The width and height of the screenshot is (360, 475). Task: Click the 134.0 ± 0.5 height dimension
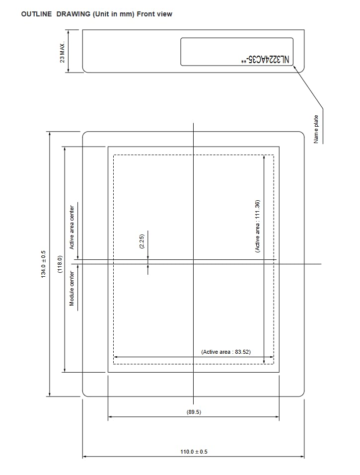[x=44, y=264]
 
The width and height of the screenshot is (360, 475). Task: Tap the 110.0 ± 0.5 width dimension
[x=194, y=452]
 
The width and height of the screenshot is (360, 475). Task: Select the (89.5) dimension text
[x=194, y=412]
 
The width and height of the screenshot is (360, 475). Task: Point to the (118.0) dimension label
[x=60, y=264]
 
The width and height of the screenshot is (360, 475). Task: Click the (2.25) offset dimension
[x=142, y=241]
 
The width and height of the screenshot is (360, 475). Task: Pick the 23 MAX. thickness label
[x=63, y=52]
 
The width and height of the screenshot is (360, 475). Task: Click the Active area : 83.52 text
[x=226, y=352]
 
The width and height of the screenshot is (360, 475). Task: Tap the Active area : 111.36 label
[x=257, y=226]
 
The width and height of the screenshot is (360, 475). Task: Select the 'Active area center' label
[x=72, y=228]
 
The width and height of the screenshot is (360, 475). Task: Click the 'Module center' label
[x=72, y=288]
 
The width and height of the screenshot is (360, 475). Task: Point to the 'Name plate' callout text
[x=316, y=129]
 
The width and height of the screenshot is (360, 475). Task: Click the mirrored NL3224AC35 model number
[x=265, y=60]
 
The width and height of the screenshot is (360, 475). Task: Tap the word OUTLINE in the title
[x=36, y=14]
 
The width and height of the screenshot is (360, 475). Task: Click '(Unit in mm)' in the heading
[x=114, y=14]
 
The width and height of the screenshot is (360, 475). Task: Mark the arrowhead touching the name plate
[x=294, y=67]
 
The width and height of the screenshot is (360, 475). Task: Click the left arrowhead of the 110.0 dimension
[x=85, y=456]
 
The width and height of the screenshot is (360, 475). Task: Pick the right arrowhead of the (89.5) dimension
[x=277, y=416]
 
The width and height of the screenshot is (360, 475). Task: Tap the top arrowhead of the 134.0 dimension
[x=50, y=134]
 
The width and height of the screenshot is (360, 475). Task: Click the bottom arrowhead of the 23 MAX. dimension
[x=68, y=70]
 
